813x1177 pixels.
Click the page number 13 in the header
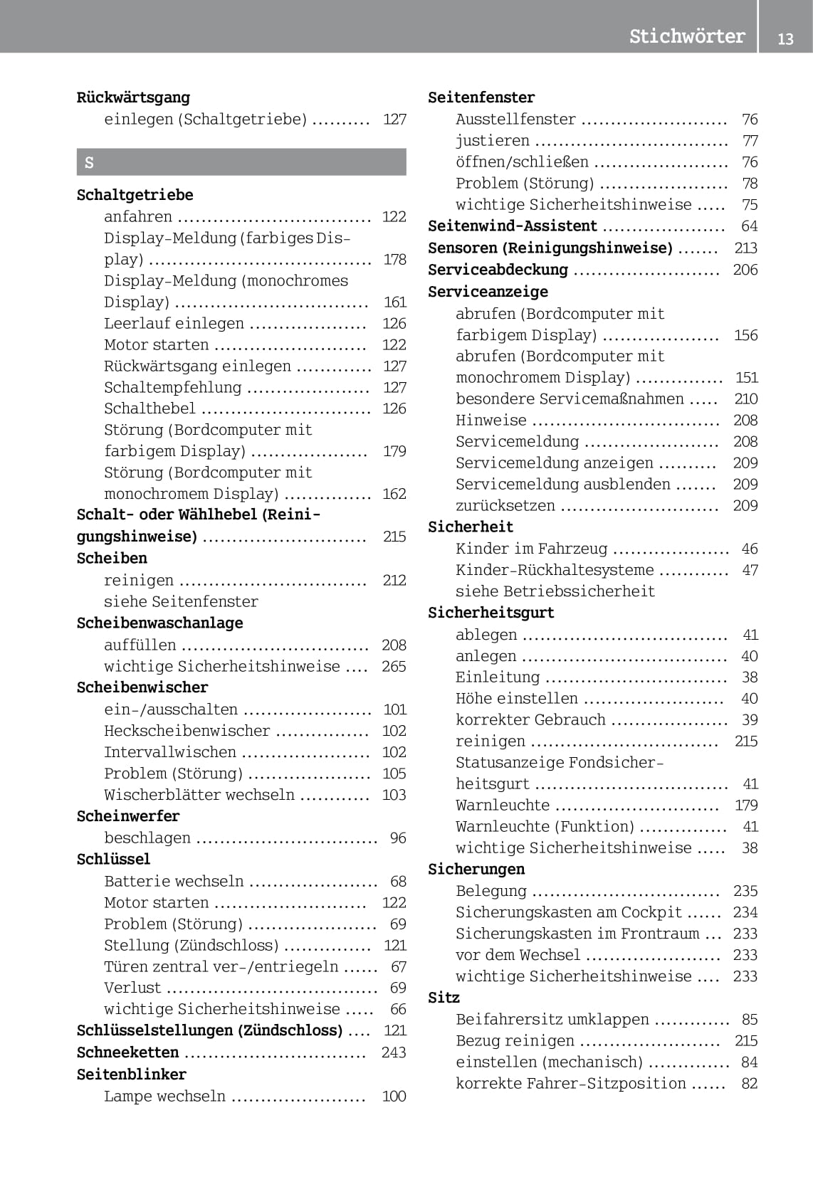785,38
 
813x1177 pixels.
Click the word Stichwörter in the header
686,36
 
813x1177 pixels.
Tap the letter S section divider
241,162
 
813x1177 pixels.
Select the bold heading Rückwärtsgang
133,97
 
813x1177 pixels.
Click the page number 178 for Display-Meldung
394,259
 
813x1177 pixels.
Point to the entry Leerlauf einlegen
174,323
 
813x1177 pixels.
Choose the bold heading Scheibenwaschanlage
159,623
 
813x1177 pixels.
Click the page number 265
394,666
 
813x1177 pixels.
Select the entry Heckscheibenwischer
187,731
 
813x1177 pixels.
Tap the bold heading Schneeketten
127,1052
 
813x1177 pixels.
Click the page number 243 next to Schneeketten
394,1052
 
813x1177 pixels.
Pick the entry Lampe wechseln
164,1096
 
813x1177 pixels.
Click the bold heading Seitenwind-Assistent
512,226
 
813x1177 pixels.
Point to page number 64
749,226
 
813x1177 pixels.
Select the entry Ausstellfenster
515,119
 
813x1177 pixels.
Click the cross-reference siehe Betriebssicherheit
555,591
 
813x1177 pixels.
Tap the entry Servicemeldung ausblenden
562,485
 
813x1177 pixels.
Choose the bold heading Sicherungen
476,869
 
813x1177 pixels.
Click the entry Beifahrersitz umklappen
552,1019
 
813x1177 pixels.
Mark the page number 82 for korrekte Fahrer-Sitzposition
749,1083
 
